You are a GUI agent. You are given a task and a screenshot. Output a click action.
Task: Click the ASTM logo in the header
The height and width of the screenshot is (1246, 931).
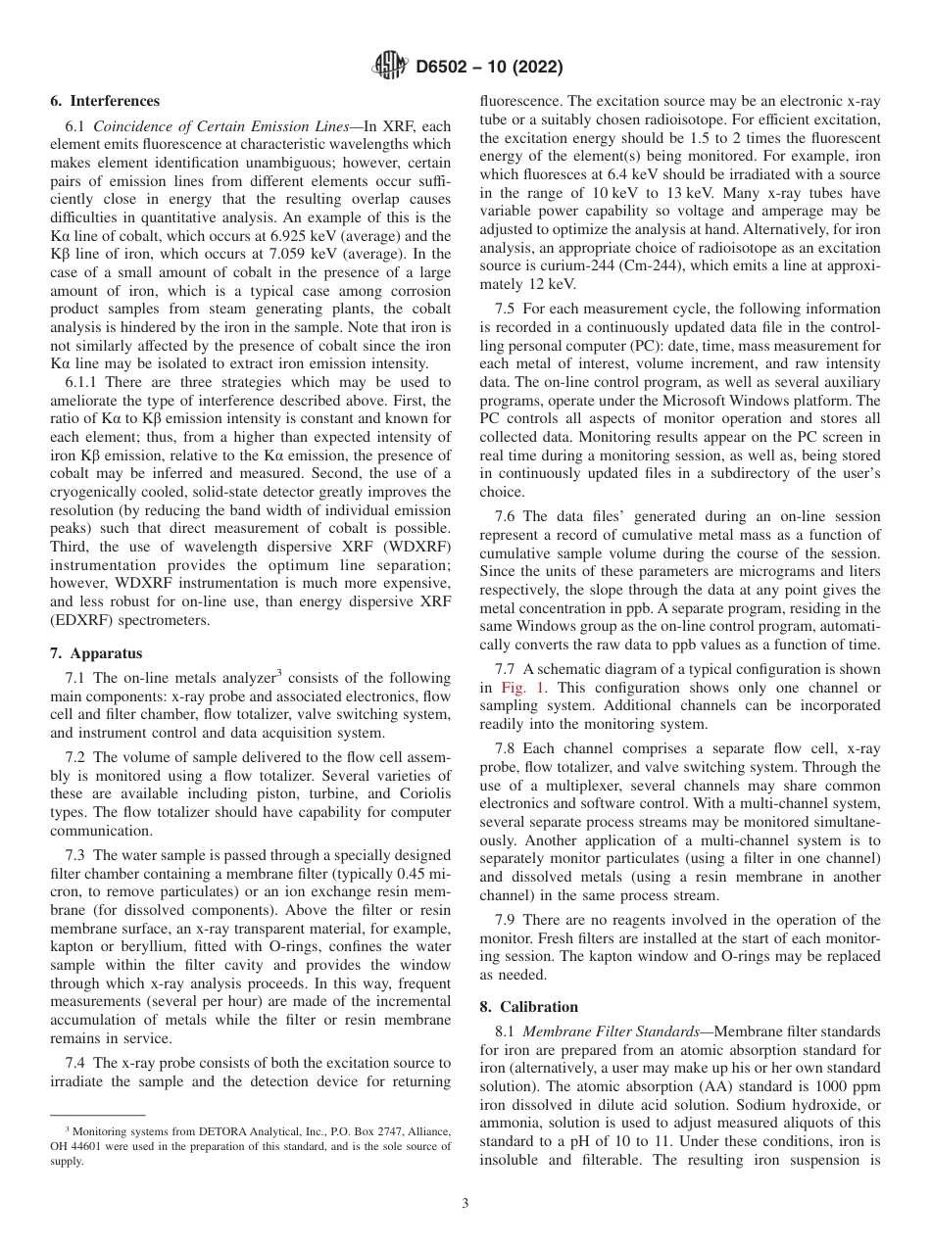tap(391, 68)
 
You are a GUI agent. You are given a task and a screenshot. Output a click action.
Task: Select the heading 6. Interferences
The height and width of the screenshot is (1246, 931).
tap(105, 101)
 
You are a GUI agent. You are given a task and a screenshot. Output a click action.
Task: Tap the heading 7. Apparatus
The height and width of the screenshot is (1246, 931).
tap(95, 652)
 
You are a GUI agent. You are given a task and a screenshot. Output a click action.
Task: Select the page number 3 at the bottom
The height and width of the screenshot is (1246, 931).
tap(465, 1204)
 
